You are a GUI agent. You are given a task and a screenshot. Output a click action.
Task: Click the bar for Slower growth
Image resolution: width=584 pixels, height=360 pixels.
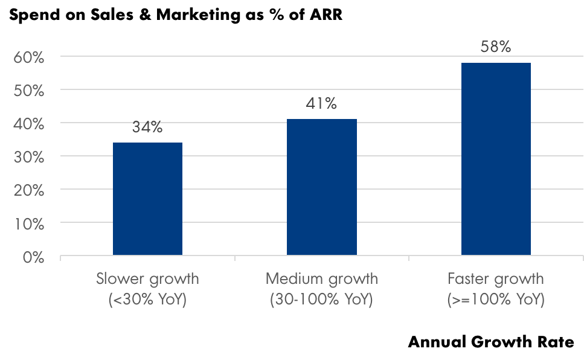pyautogui.click(x=147, y=199)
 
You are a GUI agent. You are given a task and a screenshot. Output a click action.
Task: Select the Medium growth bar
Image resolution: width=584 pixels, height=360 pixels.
pyautogui.click(x=321, y=188)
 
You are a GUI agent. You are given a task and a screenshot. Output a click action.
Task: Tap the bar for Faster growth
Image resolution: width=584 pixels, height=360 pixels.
pyautogui.click(x=496, y=159)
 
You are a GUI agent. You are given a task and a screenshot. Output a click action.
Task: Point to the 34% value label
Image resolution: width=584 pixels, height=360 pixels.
pyautogui.click(x=147, y=128)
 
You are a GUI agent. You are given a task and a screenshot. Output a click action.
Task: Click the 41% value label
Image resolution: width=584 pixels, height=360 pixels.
pyautogui.click(x=321, y=104)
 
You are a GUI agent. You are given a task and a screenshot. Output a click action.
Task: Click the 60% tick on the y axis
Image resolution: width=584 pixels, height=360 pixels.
pyautogui.click(x=28, y=58)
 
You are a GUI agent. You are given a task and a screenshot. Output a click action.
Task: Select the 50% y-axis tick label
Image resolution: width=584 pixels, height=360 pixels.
pyautogui.click(x=28, y=91)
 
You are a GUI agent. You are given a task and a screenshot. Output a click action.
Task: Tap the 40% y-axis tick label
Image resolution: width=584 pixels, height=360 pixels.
pyautogui.click(x=28, y=124)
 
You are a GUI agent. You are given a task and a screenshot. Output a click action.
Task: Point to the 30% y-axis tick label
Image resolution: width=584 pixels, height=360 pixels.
pyautogui.click(x=28, y=158)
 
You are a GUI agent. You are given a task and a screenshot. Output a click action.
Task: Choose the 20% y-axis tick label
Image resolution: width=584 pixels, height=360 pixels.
pyautogui.click(x=28, y=191)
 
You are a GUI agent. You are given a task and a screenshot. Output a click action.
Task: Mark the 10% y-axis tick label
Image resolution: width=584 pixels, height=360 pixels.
pyautogui.click(x=28, y=224)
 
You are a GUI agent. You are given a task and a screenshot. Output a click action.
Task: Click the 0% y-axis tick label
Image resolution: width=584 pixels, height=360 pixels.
pyautogui.click(x=33, y=257)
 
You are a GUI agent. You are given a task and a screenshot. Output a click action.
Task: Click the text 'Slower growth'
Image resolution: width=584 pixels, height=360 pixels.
pyautogui.click(x=147, y=280)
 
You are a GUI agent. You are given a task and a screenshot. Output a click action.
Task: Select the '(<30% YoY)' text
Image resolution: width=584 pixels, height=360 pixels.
pyautogui.click(x=147, y=300)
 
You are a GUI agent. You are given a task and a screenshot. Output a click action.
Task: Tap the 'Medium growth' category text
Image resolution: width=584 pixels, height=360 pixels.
pyautogui.click(x=321, y=280)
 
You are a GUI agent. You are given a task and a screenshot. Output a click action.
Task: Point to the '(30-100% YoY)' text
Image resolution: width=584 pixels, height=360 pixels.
pyautogui.click(x=321, y=300)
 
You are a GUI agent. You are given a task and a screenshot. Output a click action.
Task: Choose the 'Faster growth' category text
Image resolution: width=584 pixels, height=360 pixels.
pyautogui.click(x=496, y=280)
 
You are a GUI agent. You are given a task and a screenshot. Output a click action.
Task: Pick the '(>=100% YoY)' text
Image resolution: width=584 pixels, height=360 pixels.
pyautogui.click(x=496, y=300)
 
